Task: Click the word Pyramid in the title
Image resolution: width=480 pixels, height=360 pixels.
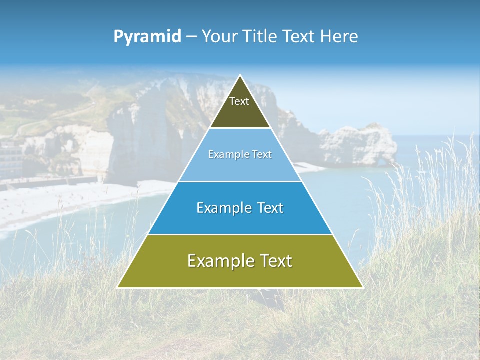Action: pyautogui.click(x=147, y=37)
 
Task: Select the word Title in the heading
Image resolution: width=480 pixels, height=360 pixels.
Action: pyautogui.click(x=262, y=37)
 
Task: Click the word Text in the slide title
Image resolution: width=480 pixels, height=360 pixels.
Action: pyautogui.click(x=299, y=37)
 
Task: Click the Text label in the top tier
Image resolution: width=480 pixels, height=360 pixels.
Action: pyautogui.click(x=239, y=101)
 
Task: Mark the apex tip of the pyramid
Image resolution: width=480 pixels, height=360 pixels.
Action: pyautogui.click(x=240, y=76)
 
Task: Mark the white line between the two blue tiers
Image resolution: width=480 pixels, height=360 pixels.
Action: pyautogui.click(x=240, y=181)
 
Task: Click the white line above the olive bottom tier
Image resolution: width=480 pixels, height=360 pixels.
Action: pyautogui.click(x=240, y=234)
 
